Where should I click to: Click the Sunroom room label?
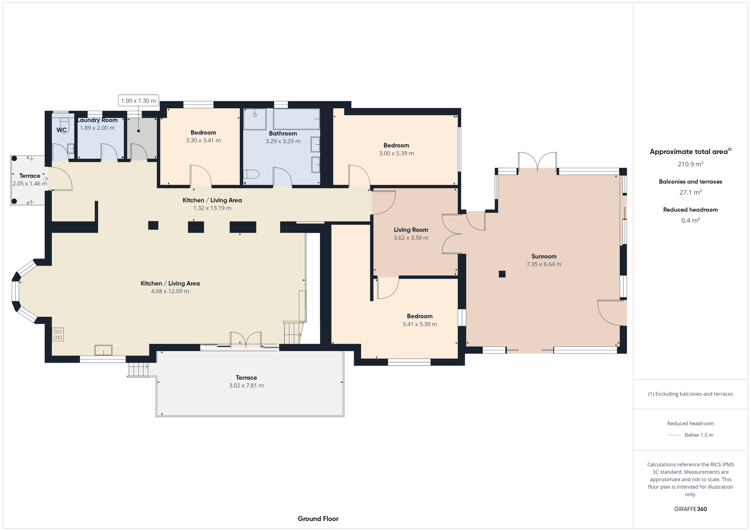pyautogui.click(x=544, y=257)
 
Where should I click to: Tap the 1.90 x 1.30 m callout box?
pyautogui.click(x=138, y=101)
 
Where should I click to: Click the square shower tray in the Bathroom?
pyautogui.click(x=255, y=119)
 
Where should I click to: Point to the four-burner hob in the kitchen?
pyautogui.click(x=58, y=335)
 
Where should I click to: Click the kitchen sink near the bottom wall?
pyautogui.click(x=103, y=350)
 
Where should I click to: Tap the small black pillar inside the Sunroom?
pyautogui.click(x=502, y=274)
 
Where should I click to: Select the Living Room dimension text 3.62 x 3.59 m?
pyautogui.click(x=411, y=238)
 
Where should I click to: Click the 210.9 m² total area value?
pyautogui.click(x=690, y=164)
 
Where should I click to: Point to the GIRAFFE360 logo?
pyautogui.click(x=690, y=509)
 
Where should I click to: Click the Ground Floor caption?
pyautogui.click(x=318, y=519)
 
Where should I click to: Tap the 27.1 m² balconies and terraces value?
pyautogui.click(x=690, y=192)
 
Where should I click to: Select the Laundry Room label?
pyautogui.click(x=97, y=120)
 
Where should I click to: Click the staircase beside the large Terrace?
pyautogui.click(x=138, y=369)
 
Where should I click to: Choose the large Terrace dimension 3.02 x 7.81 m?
pyautogui.click(x=246, y=386)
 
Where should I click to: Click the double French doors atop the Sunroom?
pyautogui.click(x=537, y=161)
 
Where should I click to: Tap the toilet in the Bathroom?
pyautogui.click(x=252, y=174)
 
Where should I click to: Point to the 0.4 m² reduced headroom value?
pyautogui.click(x=690, y=221)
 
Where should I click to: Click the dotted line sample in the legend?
pyautogui.click(x=674, y=435)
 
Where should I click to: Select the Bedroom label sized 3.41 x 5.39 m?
pyautogui.click(x=420, y=316)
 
